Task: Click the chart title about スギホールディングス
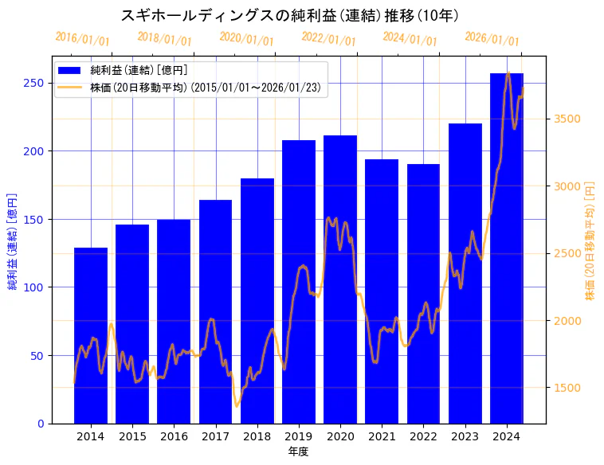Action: pos(290,15)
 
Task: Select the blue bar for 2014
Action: pos(91,334)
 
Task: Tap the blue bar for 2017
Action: pos(215,311)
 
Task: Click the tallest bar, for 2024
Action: pos(507,247)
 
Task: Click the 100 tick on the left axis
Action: pos(37,287)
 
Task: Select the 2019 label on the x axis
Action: pos(299,436)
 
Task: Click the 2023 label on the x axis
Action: pos(465,436)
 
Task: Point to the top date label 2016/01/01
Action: pos(82,39)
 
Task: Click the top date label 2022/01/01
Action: pos(328,39)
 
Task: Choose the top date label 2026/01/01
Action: pos(492,39)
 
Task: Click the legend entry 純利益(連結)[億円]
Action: pos(139,71)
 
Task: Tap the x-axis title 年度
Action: pos(299,451)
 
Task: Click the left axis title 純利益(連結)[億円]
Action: pos(12,240)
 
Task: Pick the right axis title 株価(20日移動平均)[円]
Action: pos(590,240)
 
